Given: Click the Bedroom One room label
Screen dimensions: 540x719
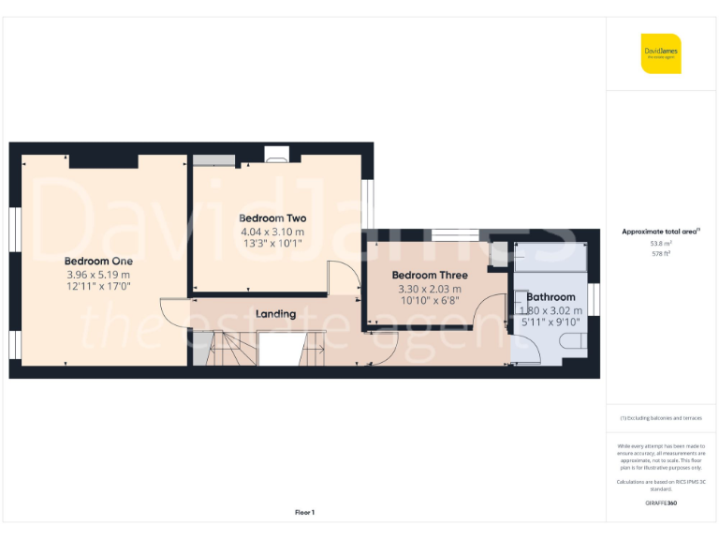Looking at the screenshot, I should coord(98,261).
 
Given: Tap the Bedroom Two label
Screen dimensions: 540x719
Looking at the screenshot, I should coord(272,218).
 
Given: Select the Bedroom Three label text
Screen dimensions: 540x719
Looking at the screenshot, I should coord(430,275).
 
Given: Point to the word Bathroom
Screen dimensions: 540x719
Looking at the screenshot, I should coord(550,297).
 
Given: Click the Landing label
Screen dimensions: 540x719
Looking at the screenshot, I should coord(275,314).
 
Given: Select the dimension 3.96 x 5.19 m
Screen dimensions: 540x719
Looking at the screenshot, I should coord(98,274).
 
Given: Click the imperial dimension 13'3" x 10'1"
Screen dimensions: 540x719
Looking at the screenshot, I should coord(272,244).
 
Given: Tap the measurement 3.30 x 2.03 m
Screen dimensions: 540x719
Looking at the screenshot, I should coord(430,288).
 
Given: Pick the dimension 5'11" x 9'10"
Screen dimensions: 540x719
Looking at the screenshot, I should coord(550,322).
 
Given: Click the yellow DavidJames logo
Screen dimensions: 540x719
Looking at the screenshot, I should coord(661,53).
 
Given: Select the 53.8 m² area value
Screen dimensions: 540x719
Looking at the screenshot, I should coord(661,242).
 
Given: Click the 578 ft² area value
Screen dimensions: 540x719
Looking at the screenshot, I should coord(661,252).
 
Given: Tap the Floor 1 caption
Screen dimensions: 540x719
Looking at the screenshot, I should coord(304,512).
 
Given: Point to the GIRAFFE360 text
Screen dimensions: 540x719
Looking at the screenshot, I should coord(661,503).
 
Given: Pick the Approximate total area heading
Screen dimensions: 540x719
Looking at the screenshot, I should coord(660,231).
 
